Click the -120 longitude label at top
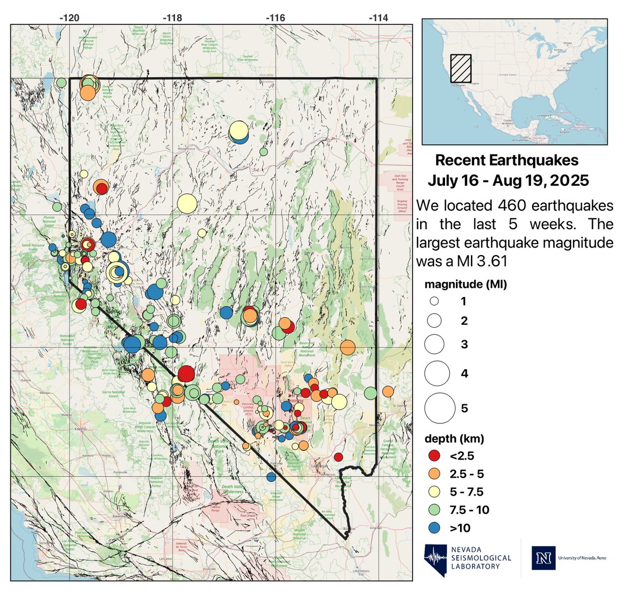click(69, 18)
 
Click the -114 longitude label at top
click(378, 18)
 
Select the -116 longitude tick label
click(275, 18)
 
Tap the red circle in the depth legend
click(435, 456)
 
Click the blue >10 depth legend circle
click(435, 528)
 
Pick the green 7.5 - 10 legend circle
click(435, 510)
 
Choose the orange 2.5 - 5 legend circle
click(435, 474)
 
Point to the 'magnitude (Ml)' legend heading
click(465, 284)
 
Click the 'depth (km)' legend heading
click(454, 439)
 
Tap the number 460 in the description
click(514, 205)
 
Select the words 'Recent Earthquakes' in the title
click(507, 160)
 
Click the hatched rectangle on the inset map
click(460, 69)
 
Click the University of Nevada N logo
click(543, 558)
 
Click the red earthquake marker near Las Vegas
click(338, 457)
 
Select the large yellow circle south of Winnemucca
click(187, 203)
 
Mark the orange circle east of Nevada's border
click(388, 392)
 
